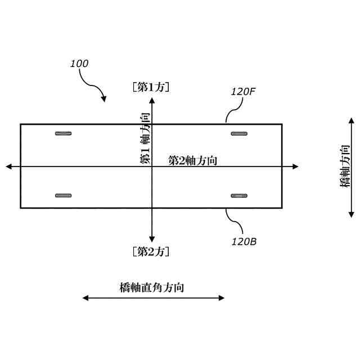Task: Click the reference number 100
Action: coord(79,64)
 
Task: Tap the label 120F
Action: coord(244,91)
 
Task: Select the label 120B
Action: coord(244,242)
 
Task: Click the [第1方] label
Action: coord(151,87)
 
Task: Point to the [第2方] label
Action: coord(151,251)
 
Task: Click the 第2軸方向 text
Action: coord(193,160)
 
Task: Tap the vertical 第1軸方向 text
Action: coord(145,138)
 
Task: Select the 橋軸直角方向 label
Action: coord(152,287)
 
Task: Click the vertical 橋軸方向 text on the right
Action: coord(344,167)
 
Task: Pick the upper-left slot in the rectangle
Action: coord(64,134)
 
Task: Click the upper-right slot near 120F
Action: coord(240,134)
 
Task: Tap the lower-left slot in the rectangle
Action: coord(64,196)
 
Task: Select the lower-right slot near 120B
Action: coord(240,196)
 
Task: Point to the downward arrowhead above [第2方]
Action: coord(152,239)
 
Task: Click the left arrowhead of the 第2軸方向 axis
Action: coord(8,166)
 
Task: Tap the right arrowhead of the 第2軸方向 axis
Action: coord(295,166)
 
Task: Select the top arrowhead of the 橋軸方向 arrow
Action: coord(352,120)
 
